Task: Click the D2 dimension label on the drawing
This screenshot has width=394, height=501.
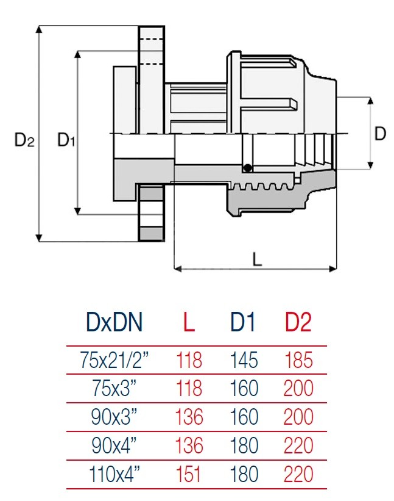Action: click(x=24, y=141)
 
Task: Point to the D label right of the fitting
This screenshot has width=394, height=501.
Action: click(x=380, y=134)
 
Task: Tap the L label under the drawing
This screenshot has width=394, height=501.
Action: click(x=257, y=260)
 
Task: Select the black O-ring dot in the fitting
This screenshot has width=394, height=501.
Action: click(x=247, y=168)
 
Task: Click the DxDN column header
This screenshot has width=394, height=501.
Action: click(x=115, y=322)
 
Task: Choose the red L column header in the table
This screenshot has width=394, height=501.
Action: click(x=189, y=322)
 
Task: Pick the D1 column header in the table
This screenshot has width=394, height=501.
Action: click(x=243, y=322)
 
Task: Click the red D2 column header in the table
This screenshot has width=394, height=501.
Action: click(x=298, y=322)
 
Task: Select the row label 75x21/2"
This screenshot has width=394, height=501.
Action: click(x=114, y=360)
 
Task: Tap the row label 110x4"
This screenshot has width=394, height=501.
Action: click(x=114, y=474)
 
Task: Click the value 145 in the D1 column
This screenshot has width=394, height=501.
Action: click(x=244, y=360)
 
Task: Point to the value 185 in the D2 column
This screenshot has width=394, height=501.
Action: click(x=298, y=360)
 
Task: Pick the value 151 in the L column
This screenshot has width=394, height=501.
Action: click(x=189, y=474)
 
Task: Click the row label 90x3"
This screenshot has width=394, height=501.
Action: click(x=114, y=417)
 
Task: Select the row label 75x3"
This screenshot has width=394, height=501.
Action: click(x=114, y=389)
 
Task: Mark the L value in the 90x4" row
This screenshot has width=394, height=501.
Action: click(x=189, y=445)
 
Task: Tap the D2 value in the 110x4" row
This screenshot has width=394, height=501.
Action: click(x=298, y=474)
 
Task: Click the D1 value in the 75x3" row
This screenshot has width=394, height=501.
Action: click(x=244, y=389)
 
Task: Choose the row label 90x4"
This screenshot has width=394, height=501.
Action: click(x=114, y=445)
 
